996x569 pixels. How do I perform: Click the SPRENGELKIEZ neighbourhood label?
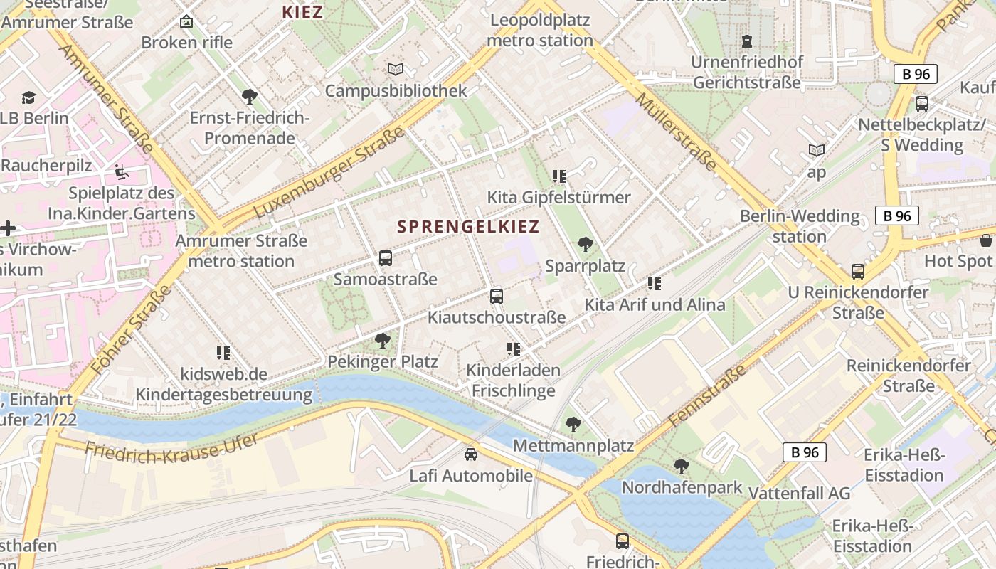tap(468, 227)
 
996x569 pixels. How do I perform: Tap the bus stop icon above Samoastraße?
tap(386, 258)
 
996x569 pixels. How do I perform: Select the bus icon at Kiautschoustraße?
tap(497, 296)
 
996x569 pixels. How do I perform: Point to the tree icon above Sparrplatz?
tap(586, 245)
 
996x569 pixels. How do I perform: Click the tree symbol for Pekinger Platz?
tap(383, 340)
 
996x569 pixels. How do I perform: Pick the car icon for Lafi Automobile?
tap(471, 454)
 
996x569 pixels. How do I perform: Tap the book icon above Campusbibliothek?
tap(396, 69)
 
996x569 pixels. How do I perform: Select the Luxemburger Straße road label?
tap(329, 173)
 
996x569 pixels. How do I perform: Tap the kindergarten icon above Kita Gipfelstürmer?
tap(558, 176)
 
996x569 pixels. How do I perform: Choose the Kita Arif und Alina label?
tap(655, 305)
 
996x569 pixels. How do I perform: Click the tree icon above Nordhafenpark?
tap(681, 467)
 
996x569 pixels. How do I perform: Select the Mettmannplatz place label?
tap(573, 446)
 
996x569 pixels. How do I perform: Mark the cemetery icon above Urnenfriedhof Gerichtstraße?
tap(747, 41)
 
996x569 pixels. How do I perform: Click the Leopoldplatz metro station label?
tap(540, 30)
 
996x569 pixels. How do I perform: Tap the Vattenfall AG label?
tap(800, 493)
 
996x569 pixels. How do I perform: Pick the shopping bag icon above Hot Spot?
tap(985, 240)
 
